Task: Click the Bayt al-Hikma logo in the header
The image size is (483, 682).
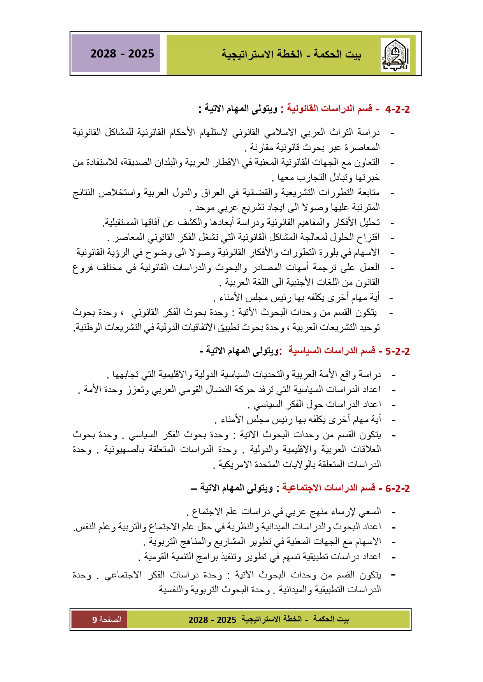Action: point(395,55)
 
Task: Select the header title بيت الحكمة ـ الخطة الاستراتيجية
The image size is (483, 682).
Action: point(291,54)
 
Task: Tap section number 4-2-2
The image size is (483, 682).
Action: point(397,109)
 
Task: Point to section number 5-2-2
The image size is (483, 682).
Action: point(397,352)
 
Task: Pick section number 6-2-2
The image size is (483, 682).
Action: point(397,488)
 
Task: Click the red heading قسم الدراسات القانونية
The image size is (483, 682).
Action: point(330,108)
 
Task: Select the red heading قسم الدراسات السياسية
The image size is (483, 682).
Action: point(332,351)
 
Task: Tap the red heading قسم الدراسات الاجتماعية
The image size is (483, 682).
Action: point(329,488)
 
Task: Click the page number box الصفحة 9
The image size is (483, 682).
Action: point(99,619)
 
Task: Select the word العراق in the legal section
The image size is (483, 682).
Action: point(214,192)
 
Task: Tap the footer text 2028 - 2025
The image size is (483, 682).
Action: point(212,620)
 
